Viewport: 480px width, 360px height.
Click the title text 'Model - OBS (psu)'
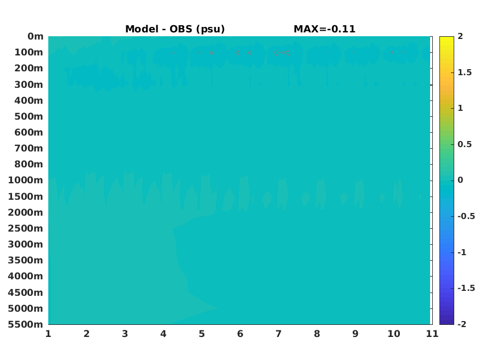coord(175,29)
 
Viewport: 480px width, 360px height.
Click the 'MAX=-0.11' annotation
coord(325,29)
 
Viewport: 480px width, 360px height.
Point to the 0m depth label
coord(36,36)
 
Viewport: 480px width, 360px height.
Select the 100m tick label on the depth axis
coord(29,52)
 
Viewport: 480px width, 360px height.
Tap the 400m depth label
coord(29,100)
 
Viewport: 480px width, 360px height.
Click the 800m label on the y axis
coord(29,164)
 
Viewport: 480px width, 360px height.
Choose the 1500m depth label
coord(25,196)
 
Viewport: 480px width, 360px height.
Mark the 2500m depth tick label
coord(25,228)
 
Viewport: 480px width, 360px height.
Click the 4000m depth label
coord(25,276)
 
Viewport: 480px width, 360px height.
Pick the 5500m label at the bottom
coord(25,324)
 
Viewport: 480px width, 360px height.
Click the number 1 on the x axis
coord(48,334)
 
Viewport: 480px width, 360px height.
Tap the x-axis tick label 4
coord(163,334)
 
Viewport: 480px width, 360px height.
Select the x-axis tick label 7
coord(278,334)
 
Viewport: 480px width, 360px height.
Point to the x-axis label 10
coord(394,334)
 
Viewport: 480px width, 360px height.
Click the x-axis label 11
coord(432,334)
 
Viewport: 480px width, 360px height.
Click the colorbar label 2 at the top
coord(460,36)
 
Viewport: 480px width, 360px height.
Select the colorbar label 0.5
coord(465,144)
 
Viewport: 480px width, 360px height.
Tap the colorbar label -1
coord(462,252)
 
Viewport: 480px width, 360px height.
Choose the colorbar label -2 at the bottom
coord(462,324)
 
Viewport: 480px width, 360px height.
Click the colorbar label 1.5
coord(465,72)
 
